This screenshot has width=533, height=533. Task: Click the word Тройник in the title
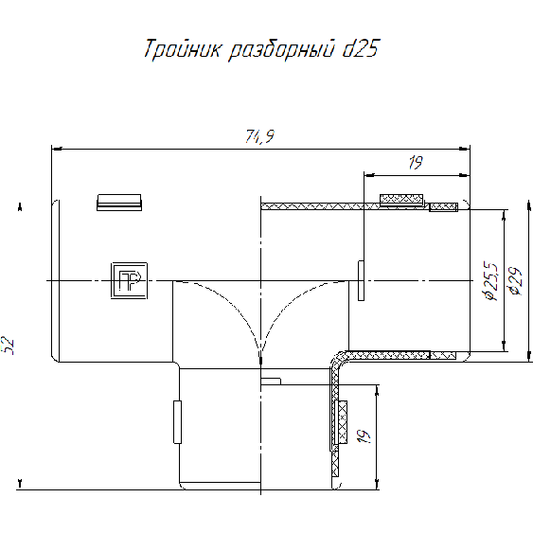[182, 49]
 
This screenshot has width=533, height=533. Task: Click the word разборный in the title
[281, 50]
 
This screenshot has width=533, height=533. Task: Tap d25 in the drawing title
[361, 48]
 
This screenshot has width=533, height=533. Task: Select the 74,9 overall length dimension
[259, 136]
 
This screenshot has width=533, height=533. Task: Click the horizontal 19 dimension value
[416, 163]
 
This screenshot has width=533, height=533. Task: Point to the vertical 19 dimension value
[364, 436]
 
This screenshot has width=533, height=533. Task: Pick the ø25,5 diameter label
[492, 281]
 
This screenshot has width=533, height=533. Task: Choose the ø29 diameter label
[515, 281]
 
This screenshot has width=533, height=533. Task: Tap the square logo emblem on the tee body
[129, 280]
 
